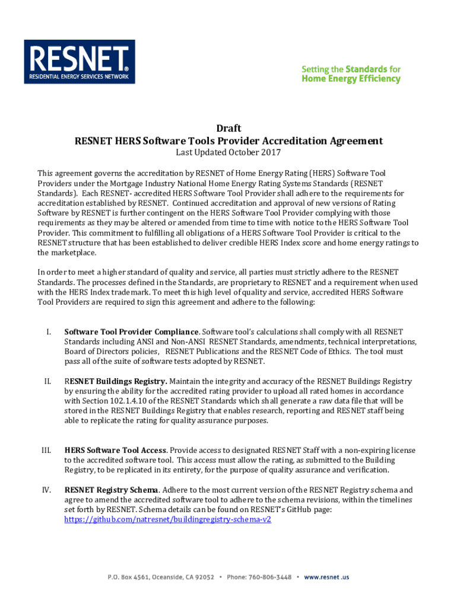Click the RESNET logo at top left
coord(79,62)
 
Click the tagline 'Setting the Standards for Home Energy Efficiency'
coord(351,74)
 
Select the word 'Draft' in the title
coord(228,128)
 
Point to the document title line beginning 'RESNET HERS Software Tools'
coord(228,141)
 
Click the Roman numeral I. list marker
coord(50,332)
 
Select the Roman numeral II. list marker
coord(48,382)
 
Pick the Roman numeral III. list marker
coord(47,450)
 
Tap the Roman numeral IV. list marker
coord(47,490)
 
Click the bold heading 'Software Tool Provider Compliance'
coord(131,332)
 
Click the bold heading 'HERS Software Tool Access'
coord(115,450)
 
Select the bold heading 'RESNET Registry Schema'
coord(111,490)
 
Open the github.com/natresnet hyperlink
coord(167,519)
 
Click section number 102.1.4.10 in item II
coord(122,401)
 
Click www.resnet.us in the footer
coord(326,576)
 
